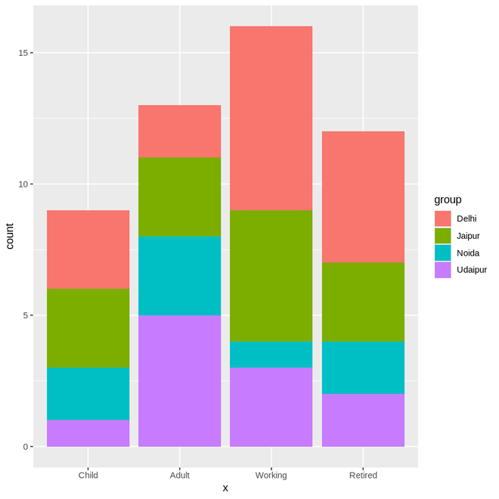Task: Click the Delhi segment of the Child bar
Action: pos(88,249)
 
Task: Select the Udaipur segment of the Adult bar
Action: pos(179,380)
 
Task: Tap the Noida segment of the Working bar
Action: pos(271,354)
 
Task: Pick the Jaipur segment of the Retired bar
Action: pos(363,302)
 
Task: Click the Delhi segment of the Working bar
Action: pos(271,118)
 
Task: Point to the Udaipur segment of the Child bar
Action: pos(88,433)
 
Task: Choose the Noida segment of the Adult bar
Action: pos(179,276)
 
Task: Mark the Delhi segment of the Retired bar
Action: pos(363,197)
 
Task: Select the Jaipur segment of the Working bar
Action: pos(271,275)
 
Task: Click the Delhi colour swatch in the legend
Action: pos(442,219)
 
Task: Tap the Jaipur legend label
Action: pos(468,236)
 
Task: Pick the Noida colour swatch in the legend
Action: pos(442,253)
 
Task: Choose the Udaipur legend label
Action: pos(472,270)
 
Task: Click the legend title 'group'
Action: pos(448,200)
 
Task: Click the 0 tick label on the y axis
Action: pos(24,447)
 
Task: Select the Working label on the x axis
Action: pos(271,476)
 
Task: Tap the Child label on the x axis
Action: pos(88,476)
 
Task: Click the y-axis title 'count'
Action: pos(10,237)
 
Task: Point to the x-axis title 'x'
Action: pos(225,488)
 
